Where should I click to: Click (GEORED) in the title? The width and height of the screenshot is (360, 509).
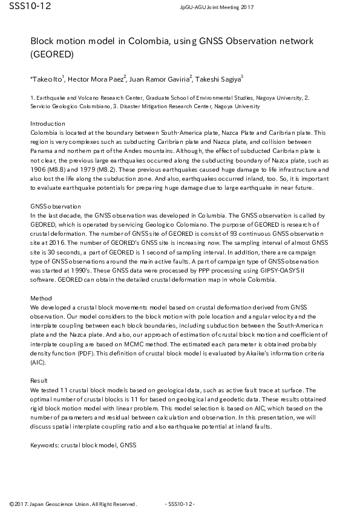[52, 54]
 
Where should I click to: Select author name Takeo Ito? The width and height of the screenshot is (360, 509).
[47, 79]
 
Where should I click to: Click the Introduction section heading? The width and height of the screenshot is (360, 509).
[47, 123]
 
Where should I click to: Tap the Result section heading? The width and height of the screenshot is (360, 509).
[39, 380]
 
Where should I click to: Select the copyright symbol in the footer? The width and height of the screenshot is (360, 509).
[11, 504]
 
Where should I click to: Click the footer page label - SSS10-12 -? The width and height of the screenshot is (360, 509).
[179, 504]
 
